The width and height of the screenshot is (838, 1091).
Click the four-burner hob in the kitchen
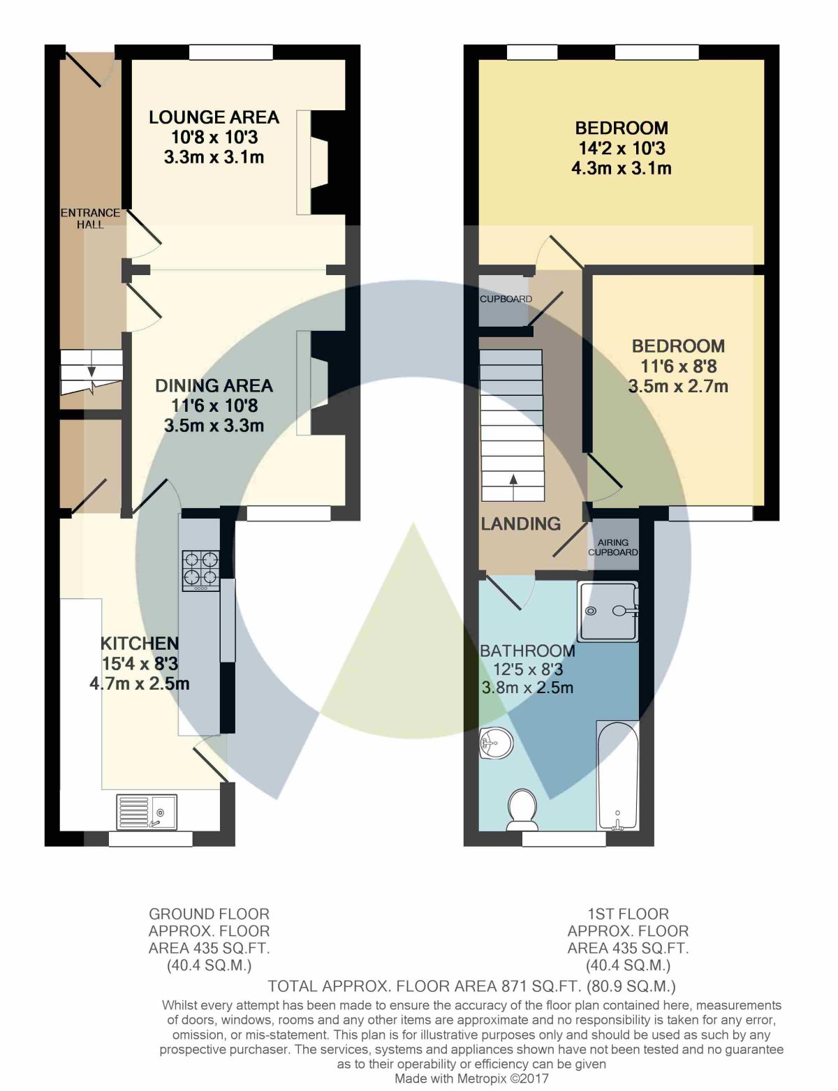click(x=201, y=570)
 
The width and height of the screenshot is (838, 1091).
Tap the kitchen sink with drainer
click(x=147, y=812)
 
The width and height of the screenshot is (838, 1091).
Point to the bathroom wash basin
click(x=496, y=743)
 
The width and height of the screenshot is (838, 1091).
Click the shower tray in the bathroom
click(x=608, y=611)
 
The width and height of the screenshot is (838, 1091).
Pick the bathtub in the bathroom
click(x=617, y=775)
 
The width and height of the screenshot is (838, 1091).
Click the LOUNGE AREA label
click(x=214, y=117)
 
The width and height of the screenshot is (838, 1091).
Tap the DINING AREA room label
click(x=214, y=385)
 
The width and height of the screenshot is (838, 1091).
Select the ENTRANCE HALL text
click(x=90, y=218)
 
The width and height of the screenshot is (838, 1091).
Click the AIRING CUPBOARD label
click(x=613, y=547)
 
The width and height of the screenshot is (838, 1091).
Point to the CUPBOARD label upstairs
click(x=506, y=299)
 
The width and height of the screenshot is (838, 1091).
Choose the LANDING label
click(x=521, y=524)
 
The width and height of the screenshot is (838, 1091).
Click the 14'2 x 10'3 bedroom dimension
click(x=622, y=148)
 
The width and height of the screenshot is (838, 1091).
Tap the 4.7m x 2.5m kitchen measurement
click(x=140, y=684)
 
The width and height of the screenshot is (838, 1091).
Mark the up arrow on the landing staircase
click(x=513, y=480)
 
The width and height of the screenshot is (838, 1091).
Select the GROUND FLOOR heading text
click(x=209, y=914)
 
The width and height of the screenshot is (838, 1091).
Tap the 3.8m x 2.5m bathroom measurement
click(x=527, y=688)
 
